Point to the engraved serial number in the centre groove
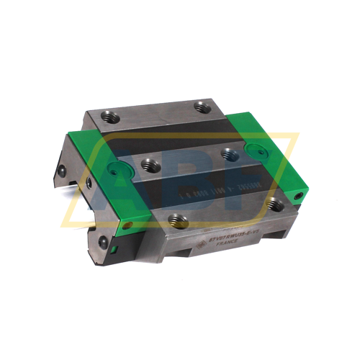tap(186, 194)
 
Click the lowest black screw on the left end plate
tap(103, 241)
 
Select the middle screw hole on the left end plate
tap(88, 184)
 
